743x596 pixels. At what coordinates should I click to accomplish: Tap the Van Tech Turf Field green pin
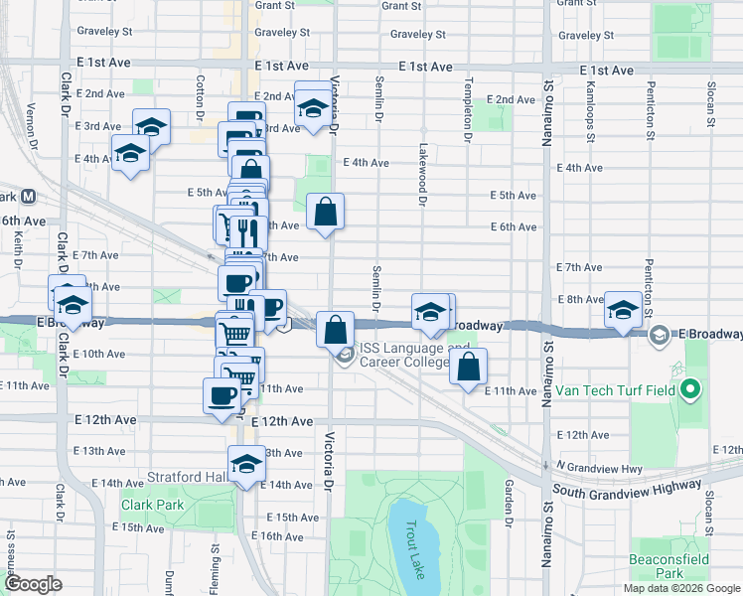[693, 388]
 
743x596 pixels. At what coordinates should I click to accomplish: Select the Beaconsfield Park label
[670, 566]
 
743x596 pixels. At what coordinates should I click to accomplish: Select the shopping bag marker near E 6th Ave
[326, 212]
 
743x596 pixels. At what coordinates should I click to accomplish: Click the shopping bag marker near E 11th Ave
[469, 366]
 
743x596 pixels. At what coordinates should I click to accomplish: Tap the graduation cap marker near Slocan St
[624, 311]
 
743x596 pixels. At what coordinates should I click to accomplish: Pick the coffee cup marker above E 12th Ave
[221, 395]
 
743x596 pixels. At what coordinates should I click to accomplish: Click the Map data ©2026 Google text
[680, 588]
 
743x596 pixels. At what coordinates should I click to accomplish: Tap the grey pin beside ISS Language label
[346, 355]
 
